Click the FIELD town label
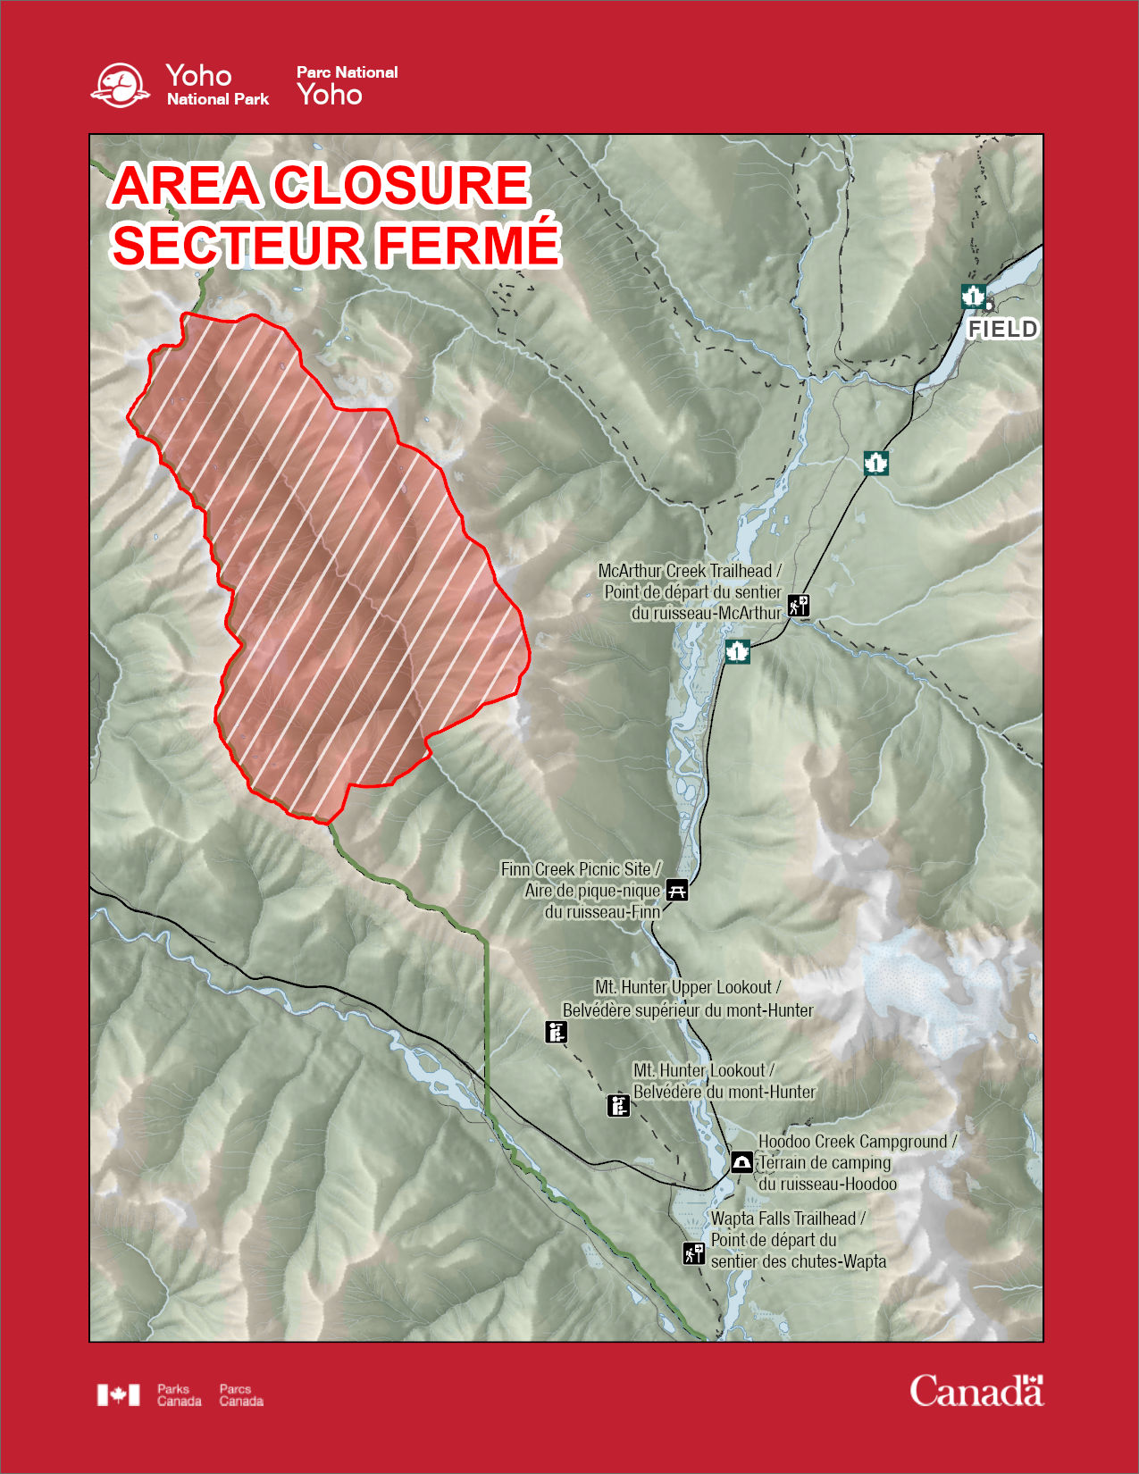[1002, 330]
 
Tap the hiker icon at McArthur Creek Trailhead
[798, 606]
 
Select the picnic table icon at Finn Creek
[678, 890]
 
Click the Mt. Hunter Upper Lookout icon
[557, 1033]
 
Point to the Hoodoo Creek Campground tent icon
[741, 1161]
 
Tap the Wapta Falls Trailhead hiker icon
[694, 1253]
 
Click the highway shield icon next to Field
[973, 296]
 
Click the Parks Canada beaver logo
[121, 86]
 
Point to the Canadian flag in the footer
[119, 1394]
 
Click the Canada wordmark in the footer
[976, 1392]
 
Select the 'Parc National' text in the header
[347, 72]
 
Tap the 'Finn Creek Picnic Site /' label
[581, 869]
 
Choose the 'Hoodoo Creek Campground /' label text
[857, 1142]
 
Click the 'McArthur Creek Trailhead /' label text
[690, 571]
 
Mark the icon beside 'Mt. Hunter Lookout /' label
[618, 1105]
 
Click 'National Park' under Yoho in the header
[218, 99]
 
